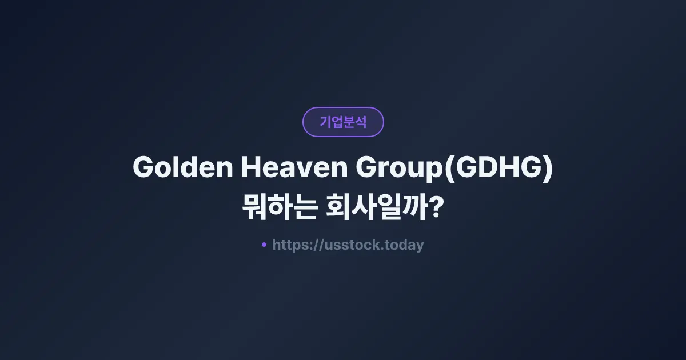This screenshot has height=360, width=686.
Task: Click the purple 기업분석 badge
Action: tap(343, 122)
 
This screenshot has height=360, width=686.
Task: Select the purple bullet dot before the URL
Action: tap(264, 245)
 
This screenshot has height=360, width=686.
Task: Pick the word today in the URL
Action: tap(405, 245)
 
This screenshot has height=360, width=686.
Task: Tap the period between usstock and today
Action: tap(384, 249)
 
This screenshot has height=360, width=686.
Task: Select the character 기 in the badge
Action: tap(325, 122)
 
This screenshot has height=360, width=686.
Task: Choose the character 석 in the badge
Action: tap(361, 122)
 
